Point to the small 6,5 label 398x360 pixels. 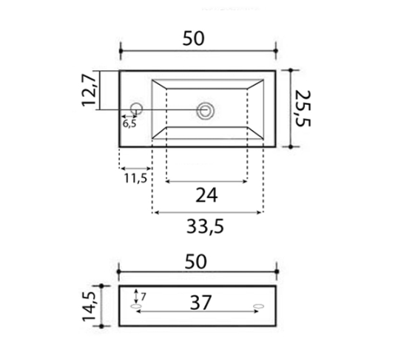coord(129,123)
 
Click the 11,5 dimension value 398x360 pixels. coord(136,178)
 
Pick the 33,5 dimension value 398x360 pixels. coord(207,228)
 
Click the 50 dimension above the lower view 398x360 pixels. coord(195,260)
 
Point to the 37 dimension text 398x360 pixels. coord(200,302)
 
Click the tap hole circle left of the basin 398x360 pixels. coord(135,109)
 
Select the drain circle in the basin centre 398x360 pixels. coord(205,111)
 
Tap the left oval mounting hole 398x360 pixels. coord(135,305)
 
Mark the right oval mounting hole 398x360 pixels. coord(257,305)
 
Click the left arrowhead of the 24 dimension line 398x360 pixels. coord(169,180)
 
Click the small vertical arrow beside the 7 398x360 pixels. coord(135,296)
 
